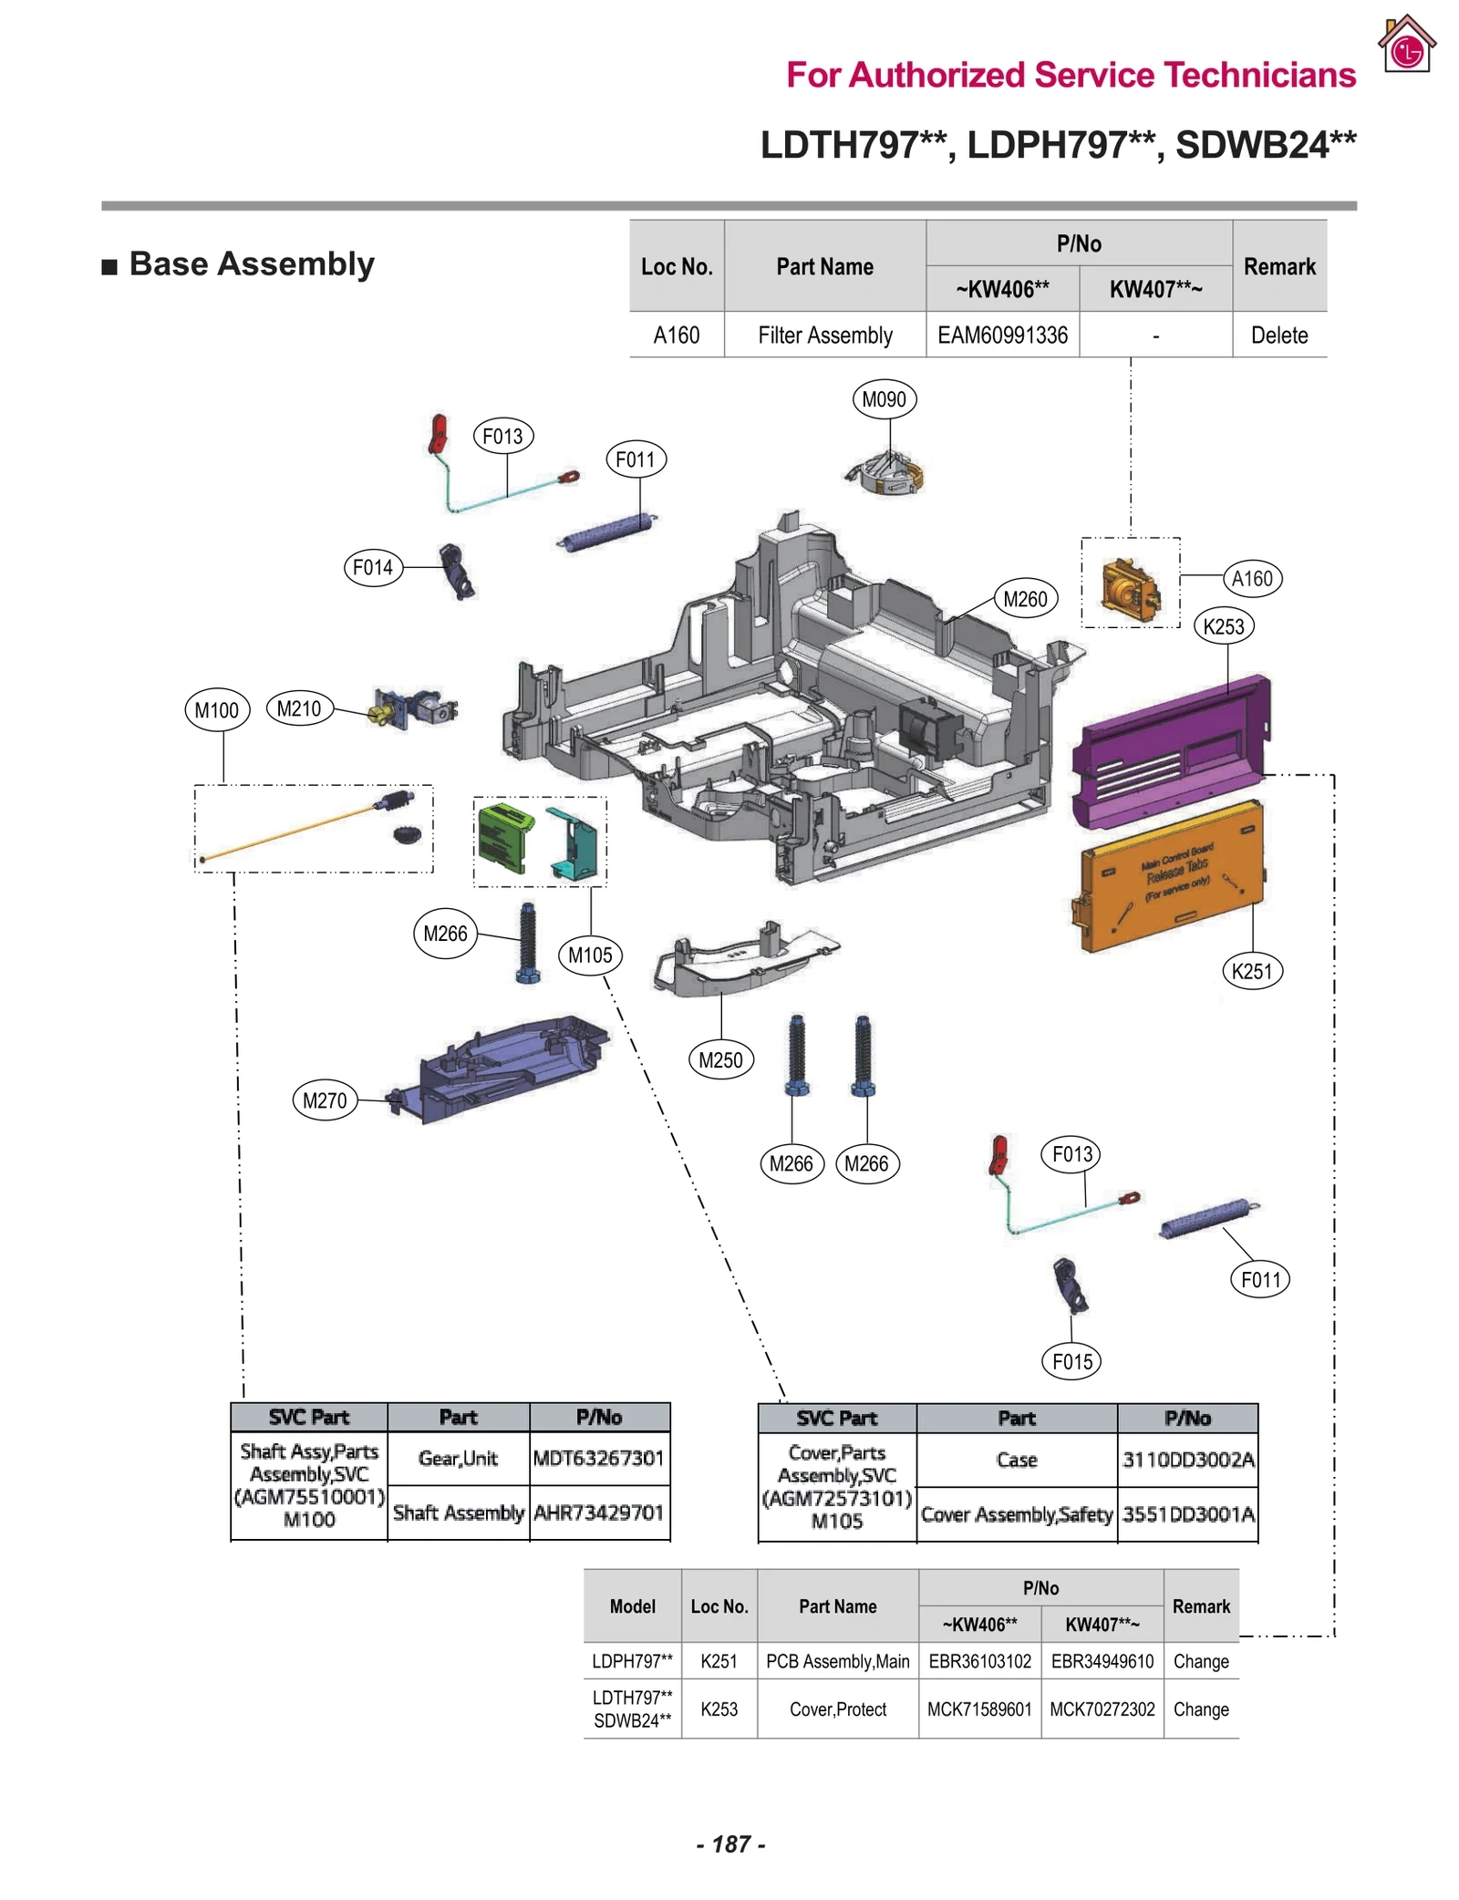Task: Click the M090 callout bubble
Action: click(x=883, y=399)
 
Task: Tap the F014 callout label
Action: click(x=372, y=567)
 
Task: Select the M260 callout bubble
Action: click(x=1024, y=599)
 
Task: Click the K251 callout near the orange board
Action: click(x=1251, y=971)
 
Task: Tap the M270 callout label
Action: click(x=324, y=1100)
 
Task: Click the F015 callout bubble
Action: click(x=1071, y=1362)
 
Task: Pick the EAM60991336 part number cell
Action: click(x=1001, y=336)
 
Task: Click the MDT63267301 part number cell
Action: click(x=598, y=1458)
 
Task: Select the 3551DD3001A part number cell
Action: click(x=1187, y=1514)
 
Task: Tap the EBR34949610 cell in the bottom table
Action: click(x=1102, y=1661)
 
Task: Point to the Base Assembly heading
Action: click(x=251, y=263)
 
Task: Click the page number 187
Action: click(x=730, y=1843)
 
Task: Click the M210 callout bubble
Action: click(x=299, y=708)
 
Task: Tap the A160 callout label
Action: click(x=1252, y=578)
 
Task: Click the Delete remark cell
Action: click(x=1278, y=336)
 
